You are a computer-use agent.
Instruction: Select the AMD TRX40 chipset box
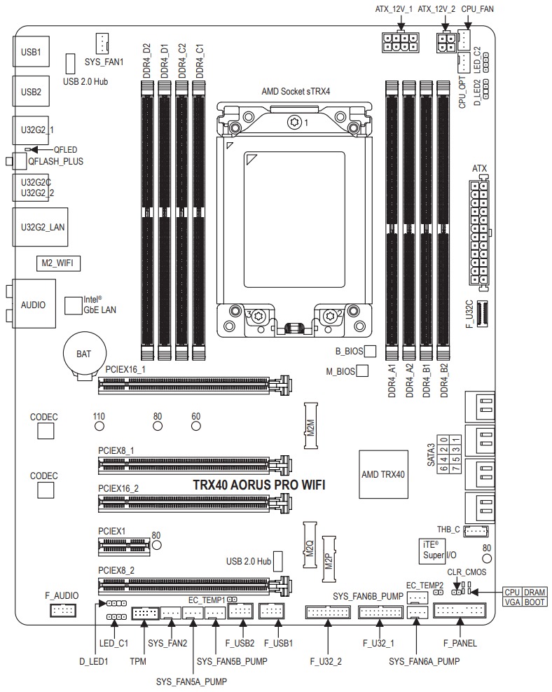(383, 474)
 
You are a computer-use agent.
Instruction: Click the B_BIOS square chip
(371, 350)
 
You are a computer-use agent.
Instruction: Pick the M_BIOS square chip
(363, 371)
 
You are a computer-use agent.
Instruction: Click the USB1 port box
(31, 52)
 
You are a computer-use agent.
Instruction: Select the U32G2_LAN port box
(39, 226)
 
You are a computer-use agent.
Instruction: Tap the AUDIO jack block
(33, 305)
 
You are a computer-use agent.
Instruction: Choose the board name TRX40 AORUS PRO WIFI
(258, 485)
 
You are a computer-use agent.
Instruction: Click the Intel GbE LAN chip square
(74, 305)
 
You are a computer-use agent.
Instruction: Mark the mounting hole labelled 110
(99, 426)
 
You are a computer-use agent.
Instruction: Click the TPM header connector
(144, 614)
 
